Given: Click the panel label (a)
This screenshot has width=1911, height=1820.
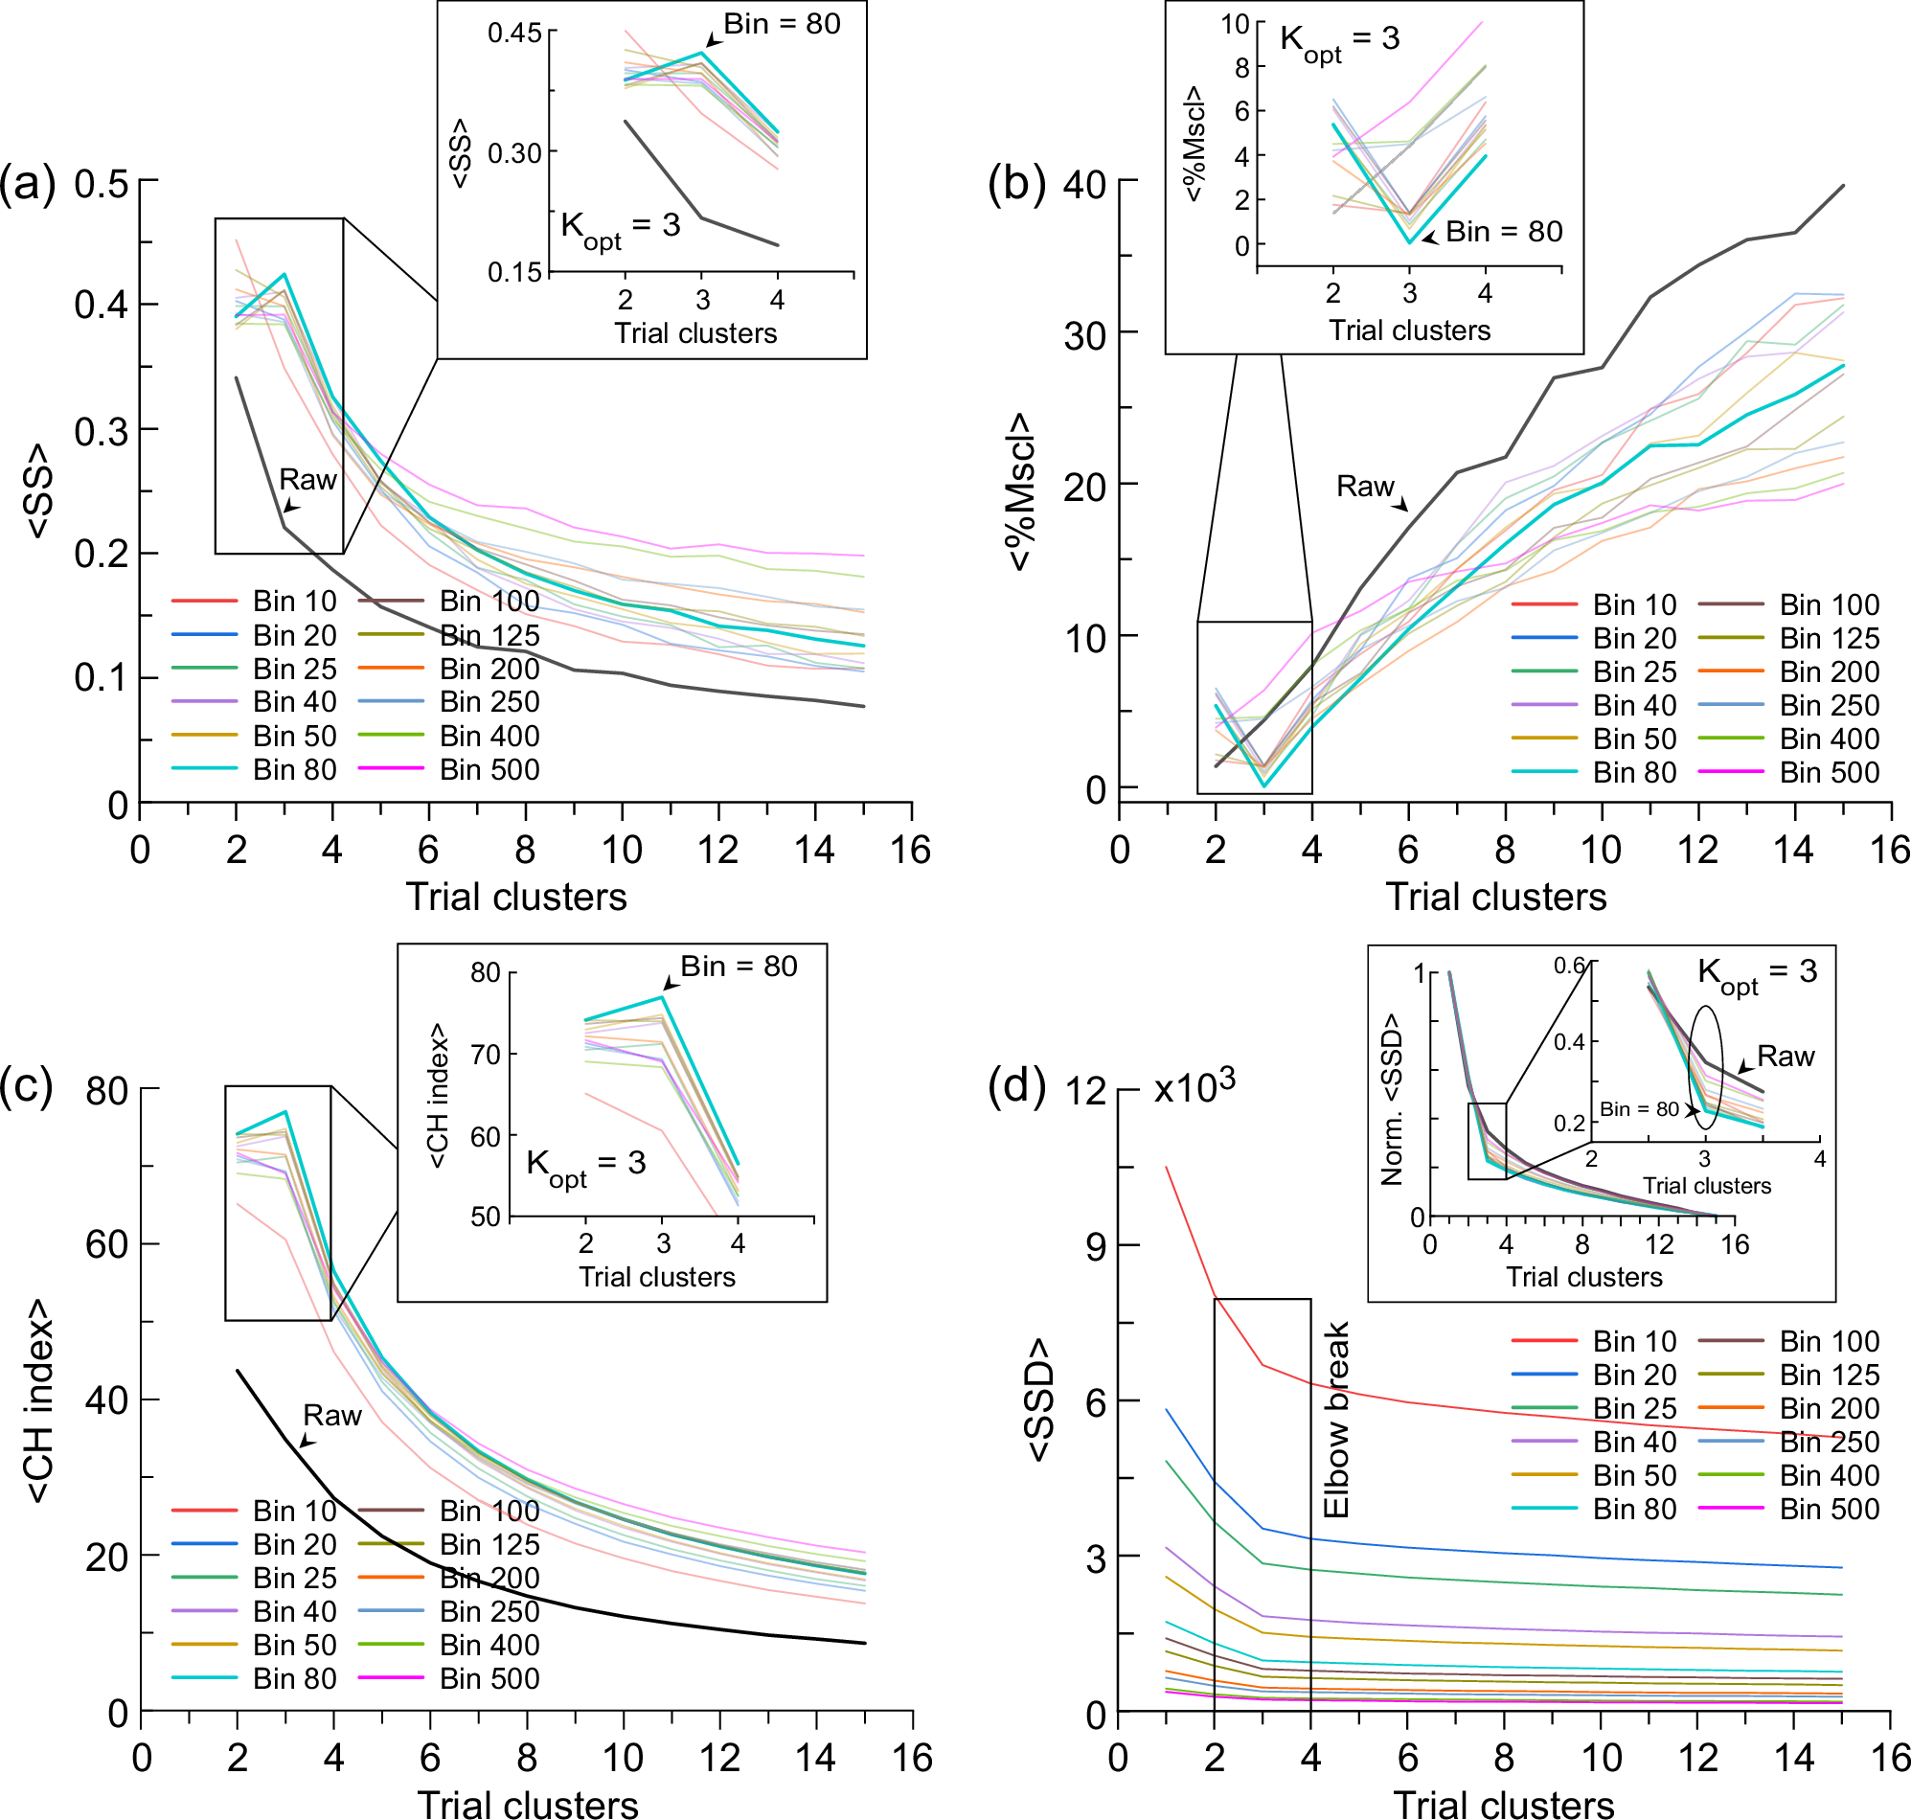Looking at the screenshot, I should pyautogui.click(x=27, y=183).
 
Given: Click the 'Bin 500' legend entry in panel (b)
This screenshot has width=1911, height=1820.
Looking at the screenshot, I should pyautogui.click(x=1828, y=772).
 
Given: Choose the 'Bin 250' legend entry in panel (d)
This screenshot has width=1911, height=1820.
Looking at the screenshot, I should pyautogui.click(x=1828, y=1443).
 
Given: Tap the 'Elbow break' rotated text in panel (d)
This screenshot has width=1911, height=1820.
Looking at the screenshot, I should pyautogui.click(x=1336, y=1419).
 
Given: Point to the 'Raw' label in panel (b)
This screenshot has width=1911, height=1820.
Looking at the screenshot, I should pyautogui.click(x=1365, y=486).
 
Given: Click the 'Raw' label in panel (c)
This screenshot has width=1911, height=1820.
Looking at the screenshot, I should pyautogui.click(x=331, y=1416).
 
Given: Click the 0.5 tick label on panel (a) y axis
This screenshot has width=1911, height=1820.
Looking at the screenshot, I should pyautogui.click(x=102, y=183).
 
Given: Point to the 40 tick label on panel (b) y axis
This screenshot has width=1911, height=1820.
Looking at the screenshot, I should pyautogui.click(x=1084, y=183).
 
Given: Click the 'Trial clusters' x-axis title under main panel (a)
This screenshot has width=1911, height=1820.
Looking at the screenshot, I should pyautogui.click(x=516, y=897).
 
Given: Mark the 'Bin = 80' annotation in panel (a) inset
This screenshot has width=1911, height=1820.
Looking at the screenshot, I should pyautogui.click(x=782, y=24).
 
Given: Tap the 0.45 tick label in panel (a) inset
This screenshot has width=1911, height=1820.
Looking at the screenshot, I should pyautogui.click(x=514, y=33).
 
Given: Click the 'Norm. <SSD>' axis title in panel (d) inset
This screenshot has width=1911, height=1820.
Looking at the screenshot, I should pyautogui.click(x=1392, y=1099).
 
